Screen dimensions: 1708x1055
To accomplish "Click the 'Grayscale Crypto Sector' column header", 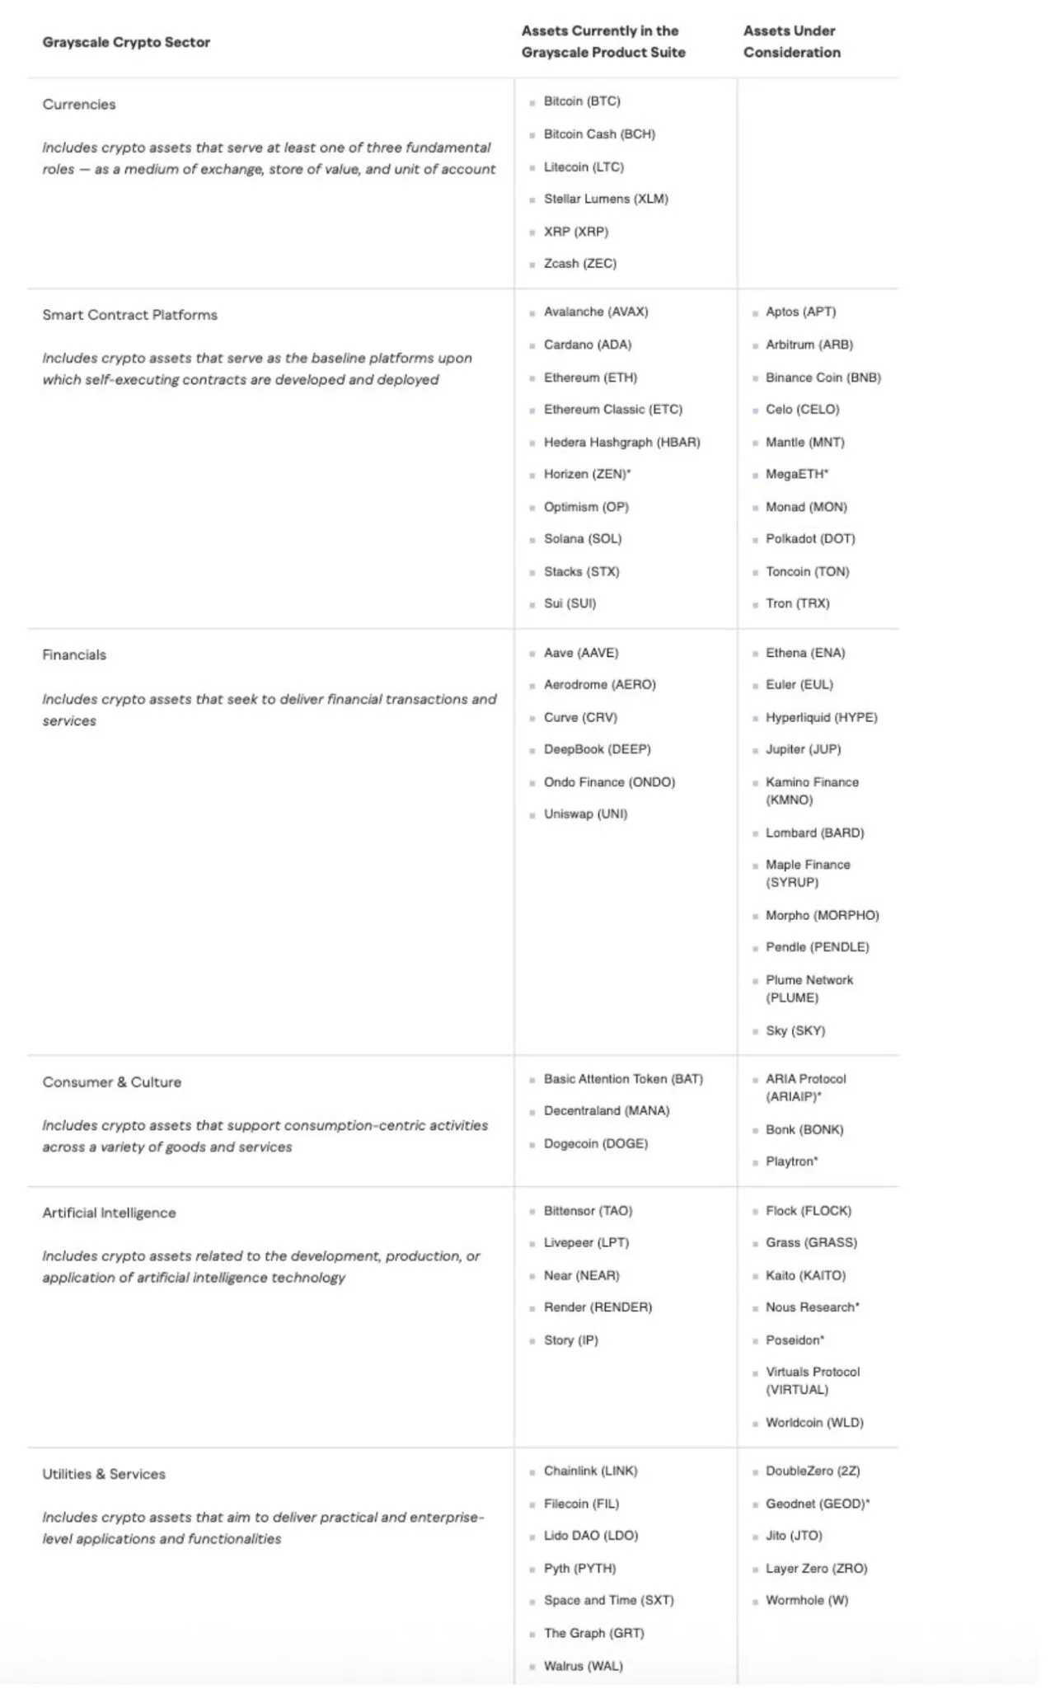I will (x=126, y=42).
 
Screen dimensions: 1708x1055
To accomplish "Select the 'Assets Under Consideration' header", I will (x=791, y=41).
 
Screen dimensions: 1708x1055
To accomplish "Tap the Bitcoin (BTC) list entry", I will (x=582, y=101).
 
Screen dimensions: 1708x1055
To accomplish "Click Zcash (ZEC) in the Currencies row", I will (x=579, y=264).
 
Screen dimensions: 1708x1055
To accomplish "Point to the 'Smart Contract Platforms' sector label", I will (x=130, y=315).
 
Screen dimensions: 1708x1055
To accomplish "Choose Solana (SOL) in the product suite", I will (x=583, y=539).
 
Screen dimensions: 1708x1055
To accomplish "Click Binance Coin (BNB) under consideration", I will (x=823, y=378).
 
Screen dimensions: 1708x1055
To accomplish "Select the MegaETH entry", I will (x=796, y=474).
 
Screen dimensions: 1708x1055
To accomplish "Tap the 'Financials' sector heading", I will (x=74, y=655).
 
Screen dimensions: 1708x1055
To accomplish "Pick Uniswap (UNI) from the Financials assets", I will (x=585, y=814).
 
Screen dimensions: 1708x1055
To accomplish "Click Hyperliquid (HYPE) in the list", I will (x=821, y=718).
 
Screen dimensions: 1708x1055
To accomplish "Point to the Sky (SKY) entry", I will (x=795, y=1031).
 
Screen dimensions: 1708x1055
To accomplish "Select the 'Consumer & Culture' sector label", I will (x=112, y=1082).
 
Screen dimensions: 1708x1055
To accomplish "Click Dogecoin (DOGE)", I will (x=595, y=1144).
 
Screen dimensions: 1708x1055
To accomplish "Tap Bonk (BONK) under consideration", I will (x=804, y=1130).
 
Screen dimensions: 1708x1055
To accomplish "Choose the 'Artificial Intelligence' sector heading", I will (x=110, y=1213).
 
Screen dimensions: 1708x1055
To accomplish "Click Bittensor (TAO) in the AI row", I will (x=588, y=1211).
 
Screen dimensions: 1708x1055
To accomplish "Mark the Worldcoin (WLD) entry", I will (x=814, y=1423).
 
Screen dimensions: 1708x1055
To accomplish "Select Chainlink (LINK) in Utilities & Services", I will (x=590, y=1471).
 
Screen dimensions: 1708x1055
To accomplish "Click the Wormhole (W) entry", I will (x=806, y=1601).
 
